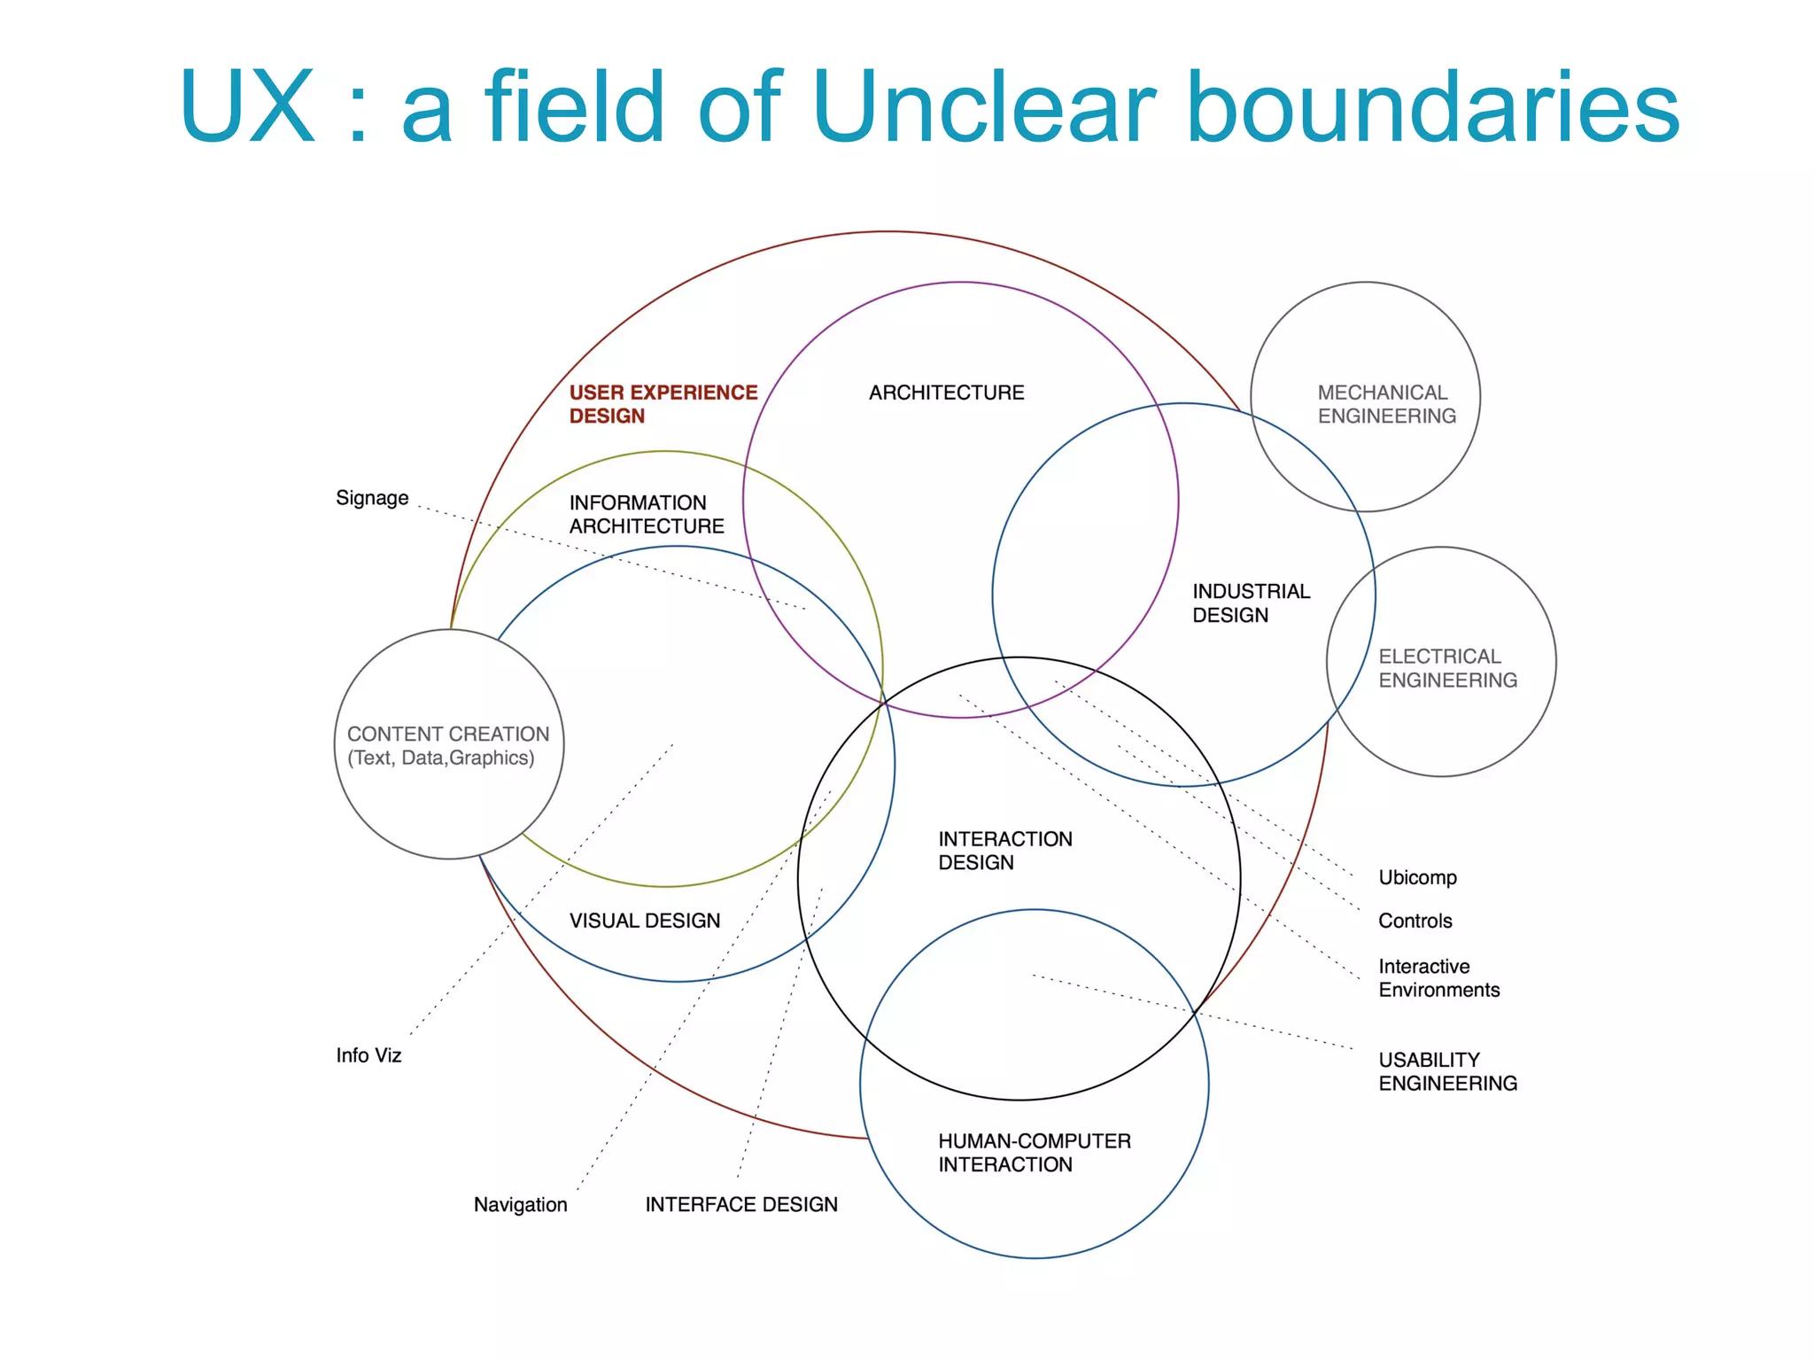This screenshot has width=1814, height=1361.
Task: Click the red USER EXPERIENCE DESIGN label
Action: click(663, 404)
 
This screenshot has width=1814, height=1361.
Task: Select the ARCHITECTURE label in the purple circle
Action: click(946, 393)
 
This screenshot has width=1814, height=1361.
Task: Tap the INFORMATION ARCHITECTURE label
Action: click(646, 514)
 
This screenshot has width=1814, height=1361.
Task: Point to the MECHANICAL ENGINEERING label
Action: click(1386, 404)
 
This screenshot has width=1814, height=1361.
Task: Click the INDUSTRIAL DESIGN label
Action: click(1250, 603)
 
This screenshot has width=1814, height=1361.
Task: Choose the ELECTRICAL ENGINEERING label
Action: click(1447, 668)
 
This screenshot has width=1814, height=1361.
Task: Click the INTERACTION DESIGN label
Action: click(1004, 851)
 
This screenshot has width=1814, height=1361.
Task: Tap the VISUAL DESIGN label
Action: click(644, 921)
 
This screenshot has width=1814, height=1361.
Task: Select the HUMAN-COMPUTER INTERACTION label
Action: click(1034, 1153)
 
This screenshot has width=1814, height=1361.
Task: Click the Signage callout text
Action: click(372, 498)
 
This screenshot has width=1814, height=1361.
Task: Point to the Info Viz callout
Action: click(368, 1055)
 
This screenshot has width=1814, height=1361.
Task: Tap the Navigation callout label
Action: click(520, 1205)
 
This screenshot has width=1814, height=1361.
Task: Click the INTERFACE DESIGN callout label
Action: click(740, 1205)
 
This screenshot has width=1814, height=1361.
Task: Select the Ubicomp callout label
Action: click(1417, 877)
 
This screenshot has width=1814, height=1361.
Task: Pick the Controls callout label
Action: click(1415, 921)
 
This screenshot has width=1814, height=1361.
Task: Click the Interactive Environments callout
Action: click(1438, 978)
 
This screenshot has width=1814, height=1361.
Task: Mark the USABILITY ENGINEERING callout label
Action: click(1447, 1071)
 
